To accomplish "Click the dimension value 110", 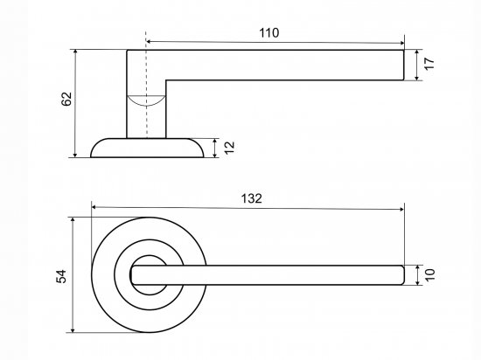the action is (x=269, y=33).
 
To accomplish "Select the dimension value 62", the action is (x=66, y=99).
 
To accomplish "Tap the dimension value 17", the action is (x=429, y=64).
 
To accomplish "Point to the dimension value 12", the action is (x=229, y=148).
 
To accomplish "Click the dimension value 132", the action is (x=252, y=198).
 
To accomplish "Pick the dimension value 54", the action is (x=61, y=276).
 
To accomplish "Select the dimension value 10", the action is (x=429, y=274).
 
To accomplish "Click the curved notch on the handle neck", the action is (x=146, y=101).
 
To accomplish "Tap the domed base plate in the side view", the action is (x=147, y=148).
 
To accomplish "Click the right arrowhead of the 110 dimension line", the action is (x=401, y=43).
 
